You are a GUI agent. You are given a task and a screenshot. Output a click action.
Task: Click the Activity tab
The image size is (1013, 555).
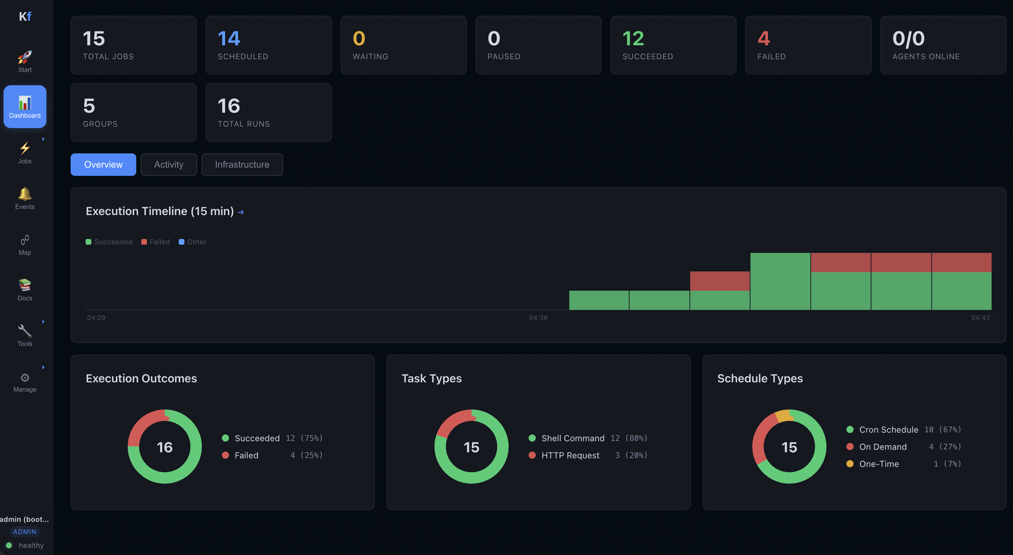[168, 164]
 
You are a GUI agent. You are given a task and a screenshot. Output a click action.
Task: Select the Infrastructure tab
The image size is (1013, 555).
[242, 164]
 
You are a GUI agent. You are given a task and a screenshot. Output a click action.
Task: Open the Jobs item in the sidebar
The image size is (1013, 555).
[25, 153]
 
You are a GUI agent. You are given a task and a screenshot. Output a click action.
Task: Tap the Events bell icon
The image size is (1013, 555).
[25, 194]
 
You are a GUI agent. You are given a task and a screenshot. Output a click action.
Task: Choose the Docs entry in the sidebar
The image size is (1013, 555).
[25, 290]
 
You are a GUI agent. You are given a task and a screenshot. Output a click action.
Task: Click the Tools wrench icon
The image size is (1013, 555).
[25, 331]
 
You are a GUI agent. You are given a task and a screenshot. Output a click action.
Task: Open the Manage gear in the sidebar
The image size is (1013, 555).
[25, 378]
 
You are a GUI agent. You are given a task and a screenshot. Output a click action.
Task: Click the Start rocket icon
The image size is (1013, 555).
[25, 57]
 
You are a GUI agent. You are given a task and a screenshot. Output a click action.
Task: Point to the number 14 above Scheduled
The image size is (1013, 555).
[229, 39]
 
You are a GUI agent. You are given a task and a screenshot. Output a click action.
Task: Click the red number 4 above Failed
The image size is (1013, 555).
[763, 39]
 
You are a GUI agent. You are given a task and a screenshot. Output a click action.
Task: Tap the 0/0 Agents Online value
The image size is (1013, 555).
[908, 39]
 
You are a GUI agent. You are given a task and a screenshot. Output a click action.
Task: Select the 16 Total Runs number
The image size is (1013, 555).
[229, 106]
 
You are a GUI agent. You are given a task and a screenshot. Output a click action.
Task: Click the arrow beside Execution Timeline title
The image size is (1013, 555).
[241, 212]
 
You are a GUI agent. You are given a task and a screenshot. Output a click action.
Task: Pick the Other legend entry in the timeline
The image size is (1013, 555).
[193, 242]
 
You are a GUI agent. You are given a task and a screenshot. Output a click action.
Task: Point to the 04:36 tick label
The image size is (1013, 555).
[538, 317]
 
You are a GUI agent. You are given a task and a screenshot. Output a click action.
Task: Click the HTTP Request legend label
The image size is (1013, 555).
[570, 455]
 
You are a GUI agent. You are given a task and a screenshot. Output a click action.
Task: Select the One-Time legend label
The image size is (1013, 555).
[879, 464]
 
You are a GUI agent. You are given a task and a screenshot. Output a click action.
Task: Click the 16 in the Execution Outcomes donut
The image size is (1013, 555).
[165, 447]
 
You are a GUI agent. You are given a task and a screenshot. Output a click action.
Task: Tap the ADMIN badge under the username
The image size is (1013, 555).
[25, 531]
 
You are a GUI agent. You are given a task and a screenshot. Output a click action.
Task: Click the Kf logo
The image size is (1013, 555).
[25, 16]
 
